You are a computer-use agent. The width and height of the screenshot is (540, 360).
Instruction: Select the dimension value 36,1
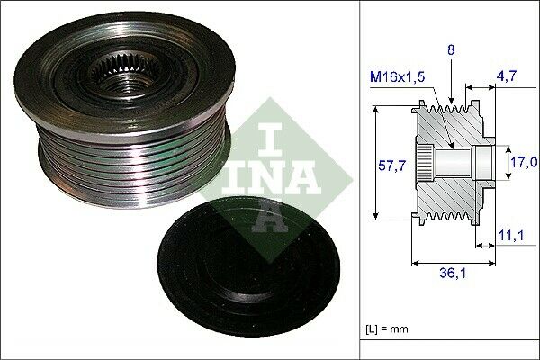tap(454, 274)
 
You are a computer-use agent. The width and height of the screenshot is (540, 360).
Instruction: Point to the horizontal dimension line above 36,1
tap(454, 262)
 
